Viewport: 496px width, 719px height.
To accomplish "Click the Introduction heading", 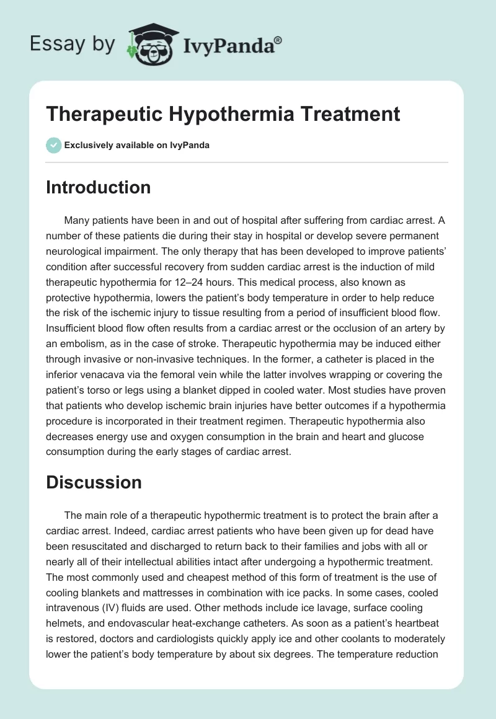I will click(98, 187).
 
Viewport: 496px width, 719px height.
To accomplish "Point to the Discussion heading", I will click(94, 482).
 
